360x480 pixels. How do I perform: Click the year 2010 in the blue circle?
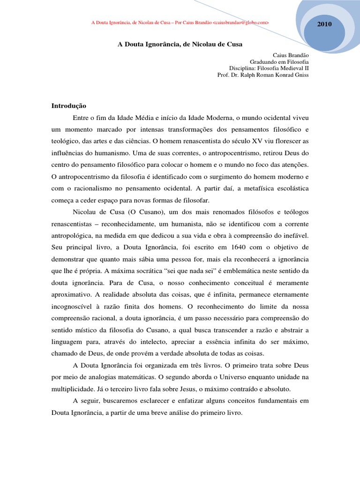tap(324, 24)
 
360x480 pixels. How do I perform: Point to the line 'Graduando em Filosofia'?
tap(279, 61)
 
